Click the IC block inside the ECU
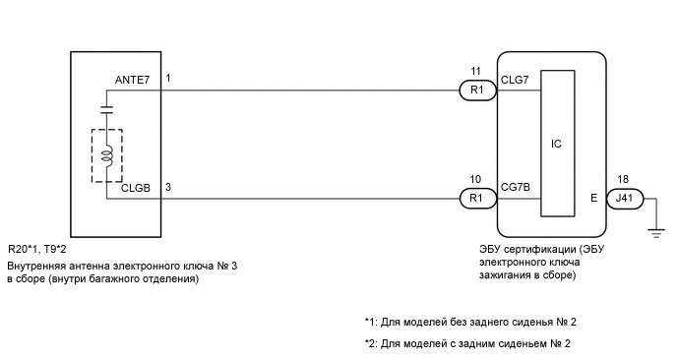[557, 144]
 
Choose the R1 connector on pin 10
[477, 198]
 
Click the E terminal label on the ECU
[593, 198]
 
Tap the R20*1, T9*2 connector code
[35, 250]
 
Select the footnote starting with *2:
[466, 343]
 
